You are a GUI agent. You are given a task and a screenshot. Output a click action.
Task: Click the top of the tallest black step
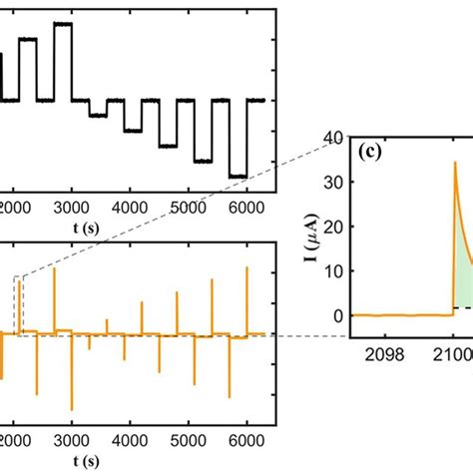(63, 23)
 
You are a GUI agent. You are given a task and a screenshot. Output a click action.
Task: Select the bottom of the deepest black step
(236, 177)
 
